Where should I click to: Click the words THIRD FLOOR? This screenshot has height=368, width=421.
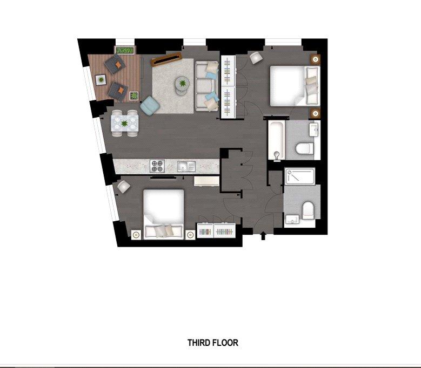tap(212, 343)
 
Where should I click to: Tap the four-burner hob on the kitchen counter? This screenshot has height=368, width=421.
tap(157, 166)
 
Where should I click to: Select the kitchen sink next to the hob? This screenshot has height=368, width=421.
tap(186, 167)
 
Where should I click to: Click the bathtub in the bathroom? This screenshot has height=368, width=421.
tap(277, 140)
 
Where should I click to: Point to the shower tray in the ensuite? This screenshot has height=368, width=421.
tap(300, 176)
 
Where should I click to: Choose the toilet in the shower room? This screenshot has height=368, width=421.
tap(308, 210)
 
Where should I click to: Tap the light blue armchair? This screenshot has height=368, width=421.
tap(150, 106)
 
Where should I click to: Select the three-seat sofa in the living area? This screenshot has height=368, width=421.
tap(206, 86)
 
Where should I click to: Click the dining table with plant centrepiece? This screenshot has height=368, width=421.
tap(125, 123)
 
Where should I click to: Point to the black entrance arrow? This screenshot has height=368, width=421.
tap(263, 236)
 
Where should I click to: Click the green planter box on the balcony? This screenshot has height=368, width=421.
tap(125, 50)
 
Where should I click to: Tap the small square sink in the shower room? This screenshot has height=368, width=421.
tap(292, 219)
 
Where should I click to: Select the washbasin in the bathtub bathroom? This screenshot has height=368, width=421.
tap(314, 130)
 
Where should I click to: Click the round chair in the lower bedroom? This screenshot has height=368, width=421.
tap(124, 186)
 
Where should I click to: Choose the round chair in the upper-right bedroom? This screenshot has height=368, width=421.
tap(256, 58)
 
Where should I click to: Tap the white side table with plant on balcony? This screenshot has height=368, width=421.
tap(101, 80)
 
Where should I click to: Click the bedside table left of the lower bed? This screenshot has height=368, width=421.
tap(136, 235)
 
